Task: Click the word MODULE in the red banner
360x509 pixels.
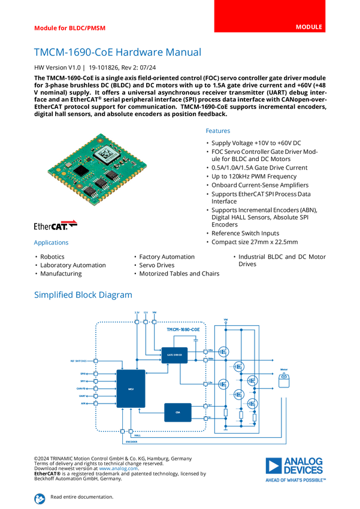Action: [309, 27]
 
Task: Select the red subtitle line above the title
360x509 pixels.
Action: [69, 28]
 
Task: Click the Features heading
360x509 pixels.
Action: [218, 131]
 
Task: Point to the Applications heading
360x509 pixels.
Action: [51, 243]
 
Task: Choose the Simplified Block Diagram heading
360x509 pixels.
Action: [83, 295]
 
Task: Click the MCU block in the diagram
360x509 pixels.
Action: [131, 389]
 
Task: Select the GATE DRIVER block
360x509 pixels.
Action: [174, 355]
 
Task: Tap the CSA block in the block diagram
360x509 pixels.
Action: [178, 412]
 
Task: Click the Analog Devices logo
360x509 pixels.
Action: [295, 469]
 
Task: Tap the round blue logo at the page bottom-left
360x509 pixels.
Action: [40, 498]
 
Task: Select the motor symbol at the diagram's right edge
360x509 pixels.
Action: [285, 379]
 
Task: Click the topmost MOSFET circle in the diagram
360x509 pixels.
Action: [224, 352]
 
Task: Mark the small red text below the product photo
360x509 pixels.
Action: [70, 222]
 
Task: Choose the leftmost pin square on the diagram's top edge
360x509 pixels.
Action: [136, 322]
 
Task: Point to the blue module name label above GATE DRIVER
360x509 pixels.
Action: [183, 330]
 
